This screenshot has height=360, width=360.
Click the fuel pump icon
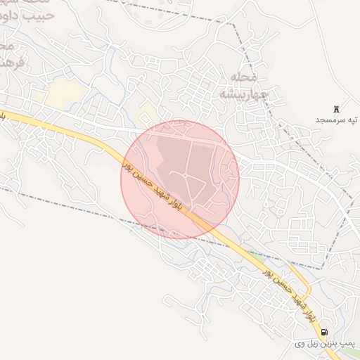[x=323, y=332]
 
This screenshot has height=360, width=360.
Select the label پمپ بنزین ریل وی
[x=326, y=344]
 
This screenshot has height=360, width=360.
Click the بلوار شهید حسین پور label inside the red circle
[x=152, y=186]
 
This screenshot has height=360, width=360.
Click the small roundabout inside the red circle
[x=185, y=173]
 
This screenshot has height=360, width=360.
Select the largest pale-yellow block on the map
[x=64, y=91]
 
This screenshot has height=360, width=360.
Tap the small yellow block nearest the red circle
[x=148, y=112]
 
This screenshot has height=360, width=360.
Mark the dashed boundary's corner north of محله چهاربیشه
[x=235, y=22]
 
